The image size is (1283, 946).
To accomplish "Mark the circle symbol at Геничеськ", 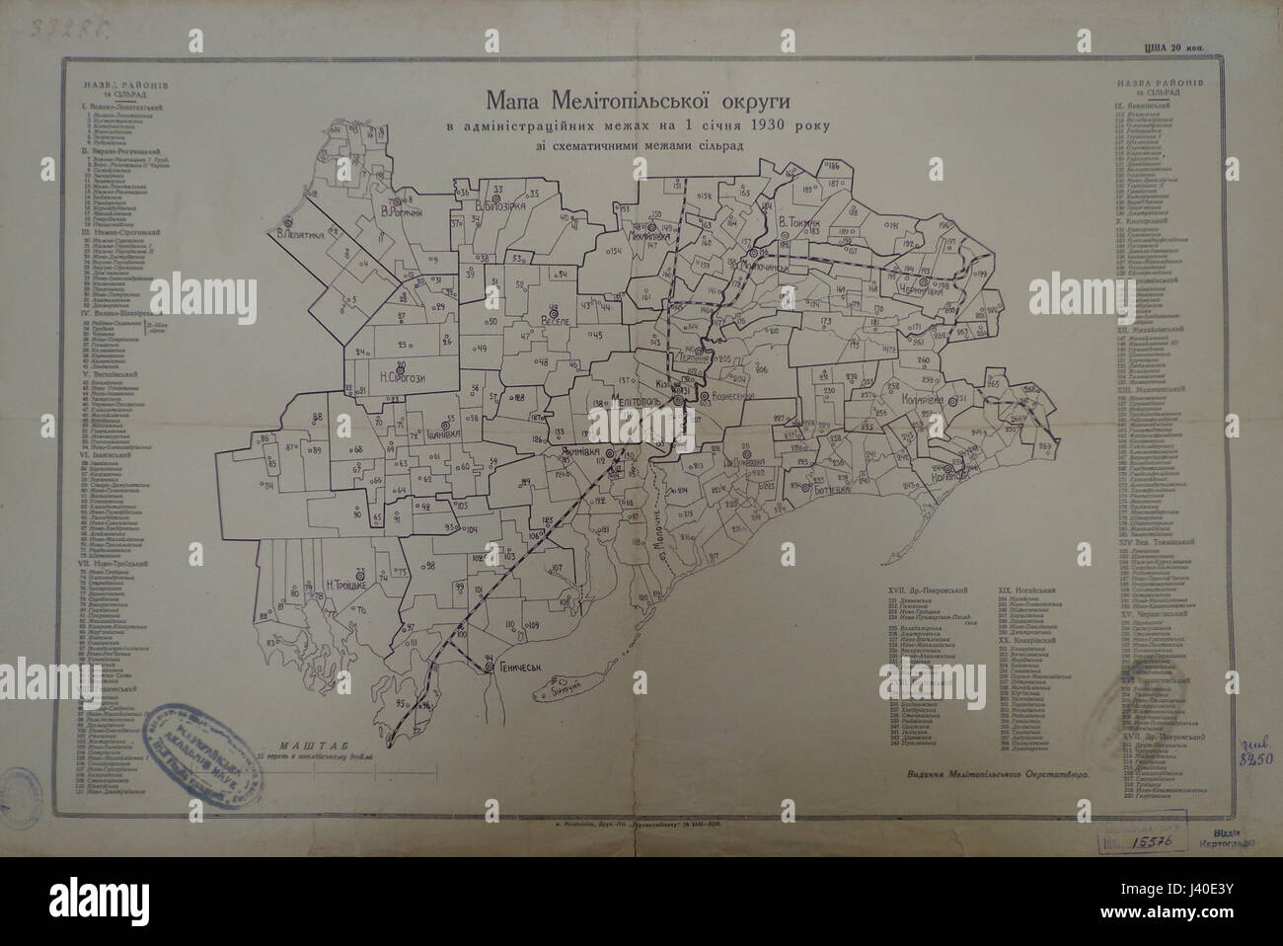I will pyautogui.click(x=489, y=670).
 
